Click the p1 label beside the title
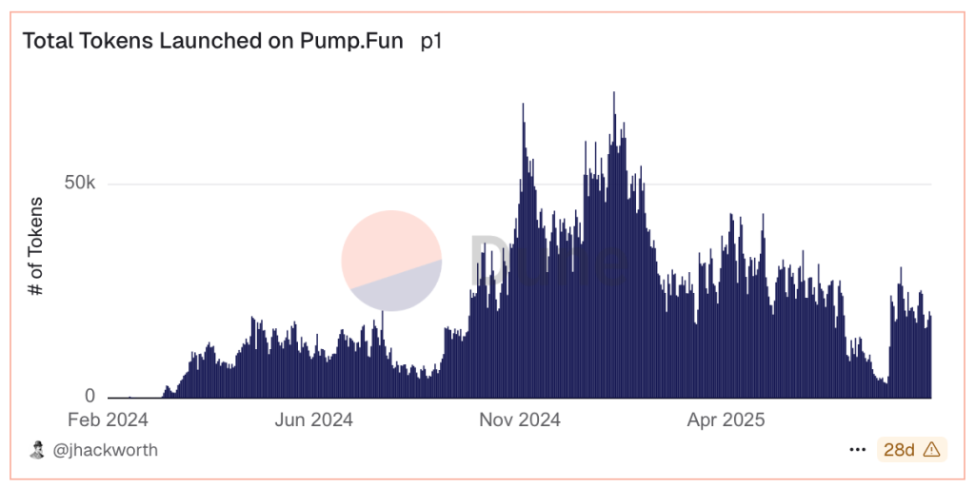[x=431, y=42]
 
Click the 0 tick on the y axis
[x=90, y=396]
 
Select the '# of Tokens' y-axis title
[x=36, y=247]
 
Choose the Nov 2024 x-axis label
[x=520, y=420]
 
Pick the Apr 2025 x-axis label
[x=726, y=420]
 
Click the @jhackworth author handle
[x=105, y=450]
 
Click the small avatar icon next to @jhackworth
[x=37, y=450]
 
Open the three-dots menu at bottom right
[x=858, y=450]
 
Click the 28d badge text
[x=899, y=450]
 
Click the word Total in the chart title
[x=47, y=42]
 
